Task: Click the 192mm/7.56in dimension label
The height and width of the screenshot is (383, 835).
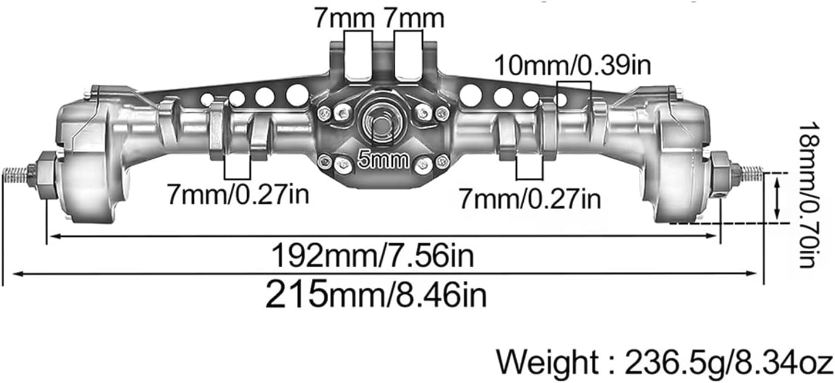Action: coord(372,256)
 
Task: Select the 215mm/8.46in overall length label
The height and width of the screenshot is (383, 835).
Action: coord(376,294)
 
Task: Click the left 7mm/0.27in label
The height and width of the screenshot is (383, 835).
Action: coord(237,194)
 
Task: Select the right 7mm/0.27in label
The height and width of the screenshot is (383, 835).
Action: coord(530,198)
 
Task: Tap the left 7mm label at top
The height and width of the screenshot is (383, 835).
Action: coord(344,18)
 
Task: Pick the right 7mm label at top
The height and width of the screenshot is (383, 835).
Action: coord(415,18)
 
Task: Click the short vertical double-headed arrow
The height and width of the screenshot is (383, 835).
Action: coord(777,198)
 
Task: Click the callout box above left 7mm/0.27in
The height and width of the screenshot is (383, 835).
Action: coord(238,166)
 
